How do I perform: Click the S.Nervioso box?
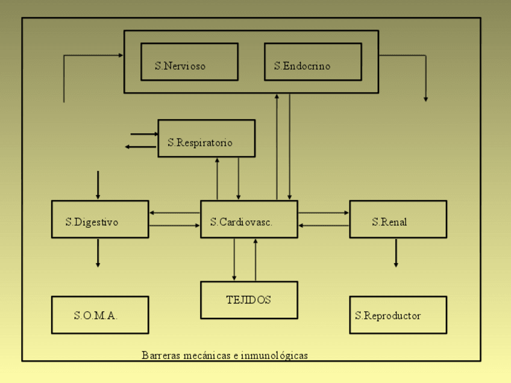click(x=189, y=61)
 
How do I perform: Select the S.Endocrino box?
click(x=313, y=61)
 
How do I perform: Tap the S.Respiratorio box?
click(x=206, y=139)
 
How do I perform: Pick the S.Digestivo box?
click(x=99, y=219)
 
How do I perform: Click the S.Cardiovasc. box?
click(x=249, y=219)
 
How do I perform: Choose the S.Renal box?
click(x=398, y=219)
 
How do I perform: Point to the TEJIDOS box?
click(x=249, y=300)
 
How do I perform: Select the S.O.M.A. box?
click(x=99, y=315)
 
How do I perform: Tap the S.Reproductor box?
click(x=398, y=315)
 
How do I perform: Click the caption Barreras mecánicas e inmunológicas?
click(x=225, y=355)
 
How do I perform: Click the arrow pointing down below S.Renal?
click(x=396, y=253)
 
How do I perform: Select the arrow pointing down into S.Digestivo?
click(x=98, y=185)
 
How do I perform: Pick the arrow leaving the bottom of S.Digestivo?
click(x=98, y=253)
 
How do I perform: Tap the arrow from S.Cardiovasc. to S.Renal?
click(x=324, y=213)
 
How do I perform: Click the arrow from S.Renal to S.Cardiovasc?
click(x=324, y=226)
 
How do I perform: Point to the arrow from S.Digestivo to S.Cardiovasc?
click(x=174, y=226)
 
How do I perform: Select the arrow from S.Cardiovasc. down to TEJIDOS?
click(x=234, y=260)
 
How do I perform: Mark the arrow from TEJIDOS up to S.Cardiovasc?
click(x=255, y=260)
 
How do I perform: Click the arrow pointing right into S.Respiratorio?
click(x=144, y=134)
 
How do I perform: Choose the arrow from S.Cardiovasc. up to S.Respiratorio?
click(x=217, y=178)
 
